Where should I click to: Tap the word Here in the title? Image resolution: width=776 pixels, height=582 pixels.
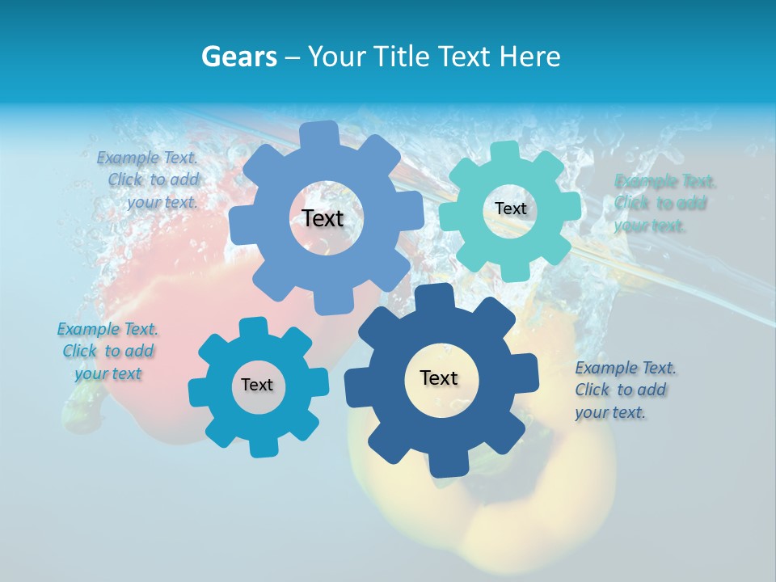pyautogui.click(x=529, y=57)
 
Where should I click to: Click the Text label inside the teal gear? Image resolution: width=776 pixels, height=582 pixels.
pyautogui.click(x=510, y=209)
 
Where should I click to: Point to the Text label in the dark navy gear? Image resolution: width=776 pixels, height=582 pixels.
pyautogui.click(x=439, y=377)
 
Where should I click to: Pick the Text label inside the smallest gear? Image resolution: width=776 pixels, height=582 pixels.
pyautogui.click(x=257, y=385)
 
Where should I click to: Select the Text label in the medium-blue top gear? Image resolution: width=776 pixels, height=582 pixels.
pyautogui.click(x=323, y=218)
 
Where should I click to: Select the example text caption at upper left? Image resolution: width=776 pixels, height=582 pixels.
pyautogui.click(x=150, y=179)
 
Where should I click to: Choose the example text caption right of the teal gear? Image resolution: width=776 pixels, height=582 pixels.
pyautogui.click(x=664, y=203)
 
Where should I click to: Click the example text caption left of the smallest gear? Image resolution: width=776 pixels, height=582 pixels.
pyautogui.click(x=108, y=351)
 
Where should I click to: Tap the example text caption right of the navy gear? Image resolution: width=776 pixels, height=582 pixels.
pyautogui.click(x=624, y=390)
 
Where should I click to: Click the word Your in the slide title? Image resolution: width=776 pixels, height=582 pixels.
pyautogui.click(x=338, y=57)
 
